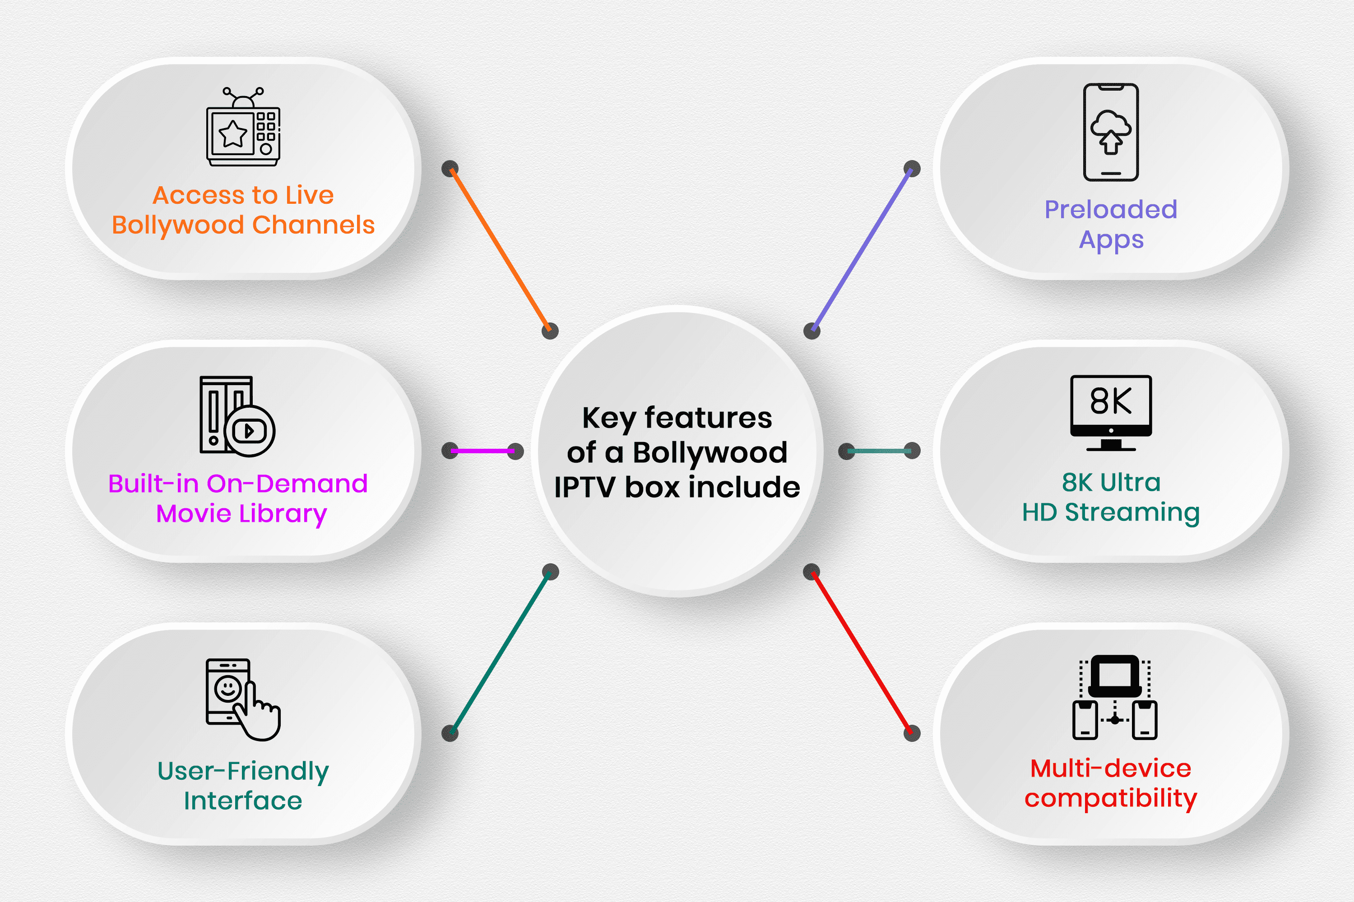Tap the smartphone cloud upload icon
[x=1110, y=132]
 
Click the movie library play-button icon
[x=237, y=415]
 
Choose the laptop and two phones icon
[x=1114, y=697]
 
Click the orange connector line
[x=500, y=250]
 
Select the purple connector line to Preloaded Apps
[x=861, y=250]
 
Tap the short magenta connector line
[x=482, y=451]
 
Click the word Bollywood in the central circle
[x=710, y=453]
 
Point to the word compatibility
[x=1110, y=798]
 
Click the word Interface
[x=243, y=801]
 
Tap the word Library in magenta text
[x=283, y=513]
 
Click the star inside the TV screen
[x=233, y=134]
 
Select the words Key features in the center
[x=677, y=418]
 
